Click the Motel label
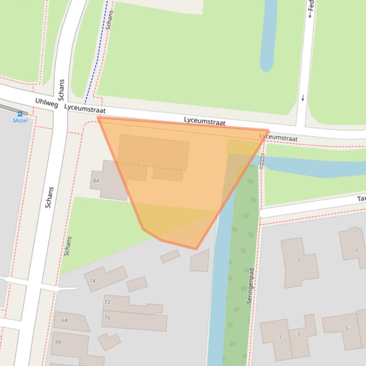coord(20,121)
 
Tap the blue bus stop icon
coord(20,114)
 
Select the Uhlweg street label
coord(47,102)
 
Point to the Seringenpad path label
coord(250,286)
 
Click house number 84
coord(96,181)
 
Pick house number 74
coord(92,281)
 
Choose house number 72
coord(107,302)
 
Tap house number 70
coord(107,318)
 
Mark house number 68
coord(64,320)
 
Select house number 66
coord(58,342)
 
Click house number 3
coord(298,334)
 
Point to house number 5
coord(347,328)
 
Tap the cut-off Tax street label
coord(361,199)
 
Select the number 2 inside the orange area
coord(138,163)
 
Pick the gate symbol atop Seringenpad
coord(262,161)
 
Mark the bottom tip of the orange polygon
coord(197,249)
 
